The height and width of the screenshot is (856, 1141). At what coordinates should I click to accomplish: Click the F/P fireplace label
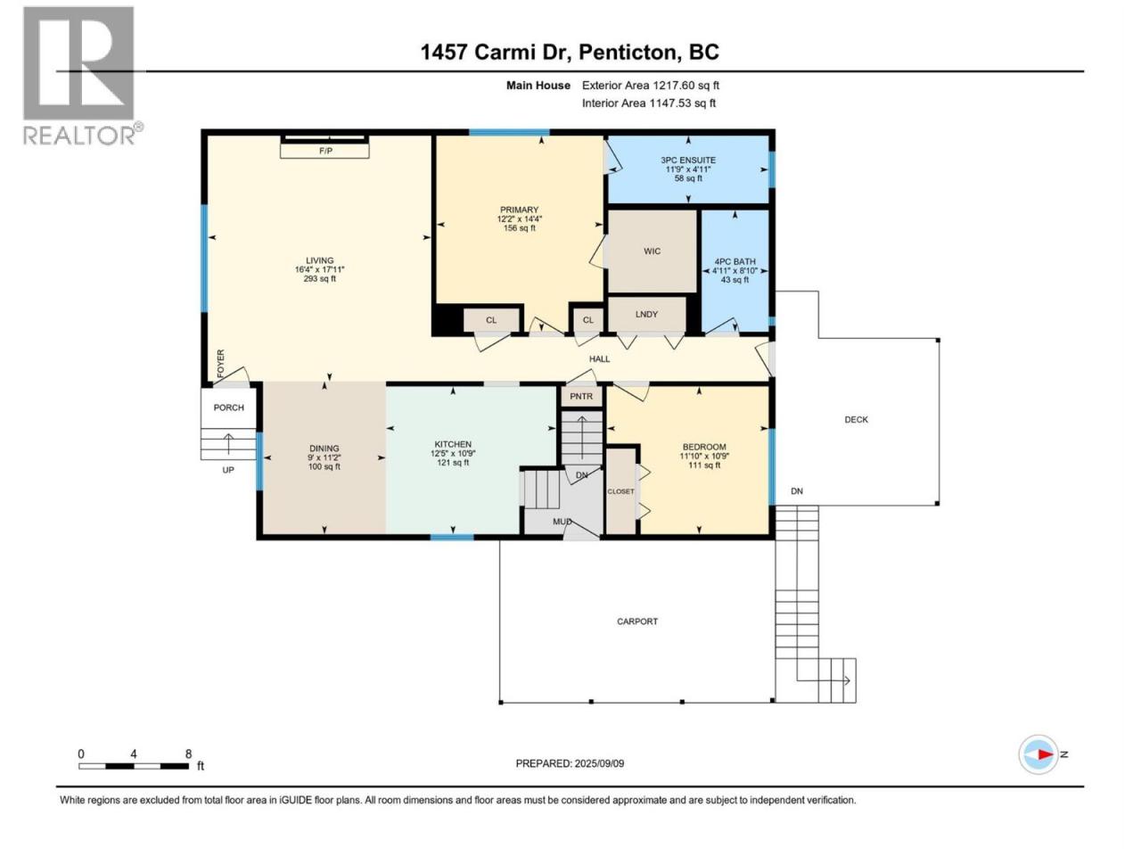pos(325,151)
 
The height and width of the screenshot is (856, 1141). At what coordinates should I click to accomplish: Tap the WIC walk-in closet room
pos(653,251)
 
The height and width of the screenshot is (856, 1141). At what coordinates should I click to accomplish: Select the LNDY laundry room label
pos(646,315)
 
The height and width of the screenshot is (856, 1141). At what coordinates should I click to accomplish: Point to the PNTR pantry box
pos(581,396)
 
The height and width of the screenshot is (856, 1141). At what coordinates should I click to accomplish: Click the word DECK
pos(856,419)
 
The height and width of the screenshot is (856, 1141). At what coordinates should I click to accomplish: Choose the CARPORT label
pos(637,621)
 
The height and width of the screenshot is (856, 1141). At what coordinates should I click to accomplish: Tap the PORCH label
pos(229,407)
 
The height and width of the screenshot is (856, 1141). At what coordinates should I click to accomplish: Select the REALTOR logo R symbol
pos(78,63)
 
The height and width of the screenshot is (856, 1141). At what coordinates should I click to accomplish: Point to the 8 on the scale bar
pos(188,753)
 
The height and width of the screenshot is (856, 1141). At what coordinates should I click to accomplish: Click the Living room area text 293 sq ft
pos(320,278)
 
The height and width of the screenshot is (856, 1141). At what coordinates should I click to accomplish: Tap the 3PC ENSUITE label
pos(688,160)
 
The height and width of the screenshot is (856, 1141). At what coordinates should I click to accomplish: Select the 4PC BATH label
pos(735,261)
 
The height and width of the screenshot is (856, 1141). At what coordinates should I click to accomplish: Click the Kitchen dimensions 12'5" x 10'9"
pos(453,453)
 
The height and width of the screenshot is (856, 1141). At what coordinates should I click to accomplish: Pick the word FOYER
pos(220,364)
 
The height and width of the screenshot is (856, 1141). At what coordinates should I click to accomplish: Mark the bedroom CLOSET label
pos(620,491)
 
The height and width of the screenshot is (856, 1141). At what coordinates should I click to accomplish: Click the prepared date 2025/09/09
pos(599,763)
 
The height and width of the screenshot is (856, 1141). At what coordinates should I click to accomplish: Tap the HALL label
pos(599,358)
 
